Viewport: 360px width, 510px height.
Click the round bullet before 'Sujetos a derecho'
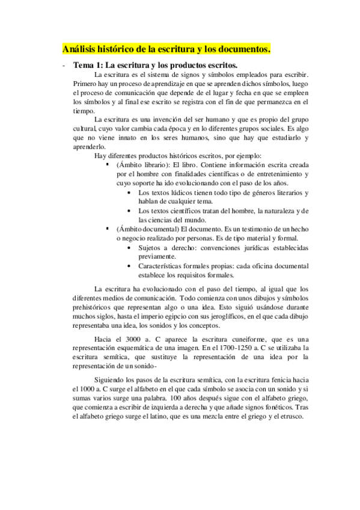click(130, 247)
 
